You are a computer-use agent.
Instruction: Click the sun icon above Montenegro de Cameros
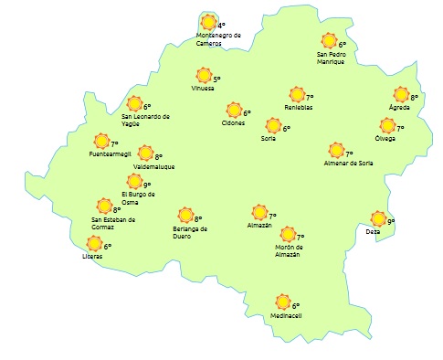point(209,22)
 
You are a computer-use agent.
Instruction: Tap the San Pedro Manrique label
point(331,58)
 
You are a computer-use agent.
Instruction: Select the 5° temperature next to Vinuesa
point(216,79)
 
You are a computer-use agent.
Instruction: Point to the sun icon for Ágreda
point(400,94)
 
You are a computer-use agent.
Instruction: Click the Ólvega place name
point(385,138)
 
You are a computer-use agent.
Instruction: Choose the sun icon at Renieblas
point(297,95)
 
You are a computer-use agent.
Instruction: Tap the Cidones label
point(233,123)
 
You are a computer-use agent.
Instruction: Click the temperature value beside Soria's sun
point(286,129)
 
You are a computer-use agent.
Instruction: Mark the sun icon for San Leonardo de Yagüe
point(135,104)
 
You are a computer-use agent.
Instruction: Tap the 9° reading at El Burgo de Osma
point(146,185)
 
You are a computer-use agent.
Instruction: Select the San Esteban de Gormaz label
point(113,223)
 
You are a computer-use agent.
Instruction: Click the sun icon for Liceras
point(93,243)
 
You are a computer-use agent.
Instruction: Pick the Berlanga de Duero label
point(190,231)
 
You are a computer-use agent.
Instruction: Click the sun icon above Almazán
point(258,215)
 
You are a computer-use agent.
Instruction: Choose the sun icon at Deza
point(378,219)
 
